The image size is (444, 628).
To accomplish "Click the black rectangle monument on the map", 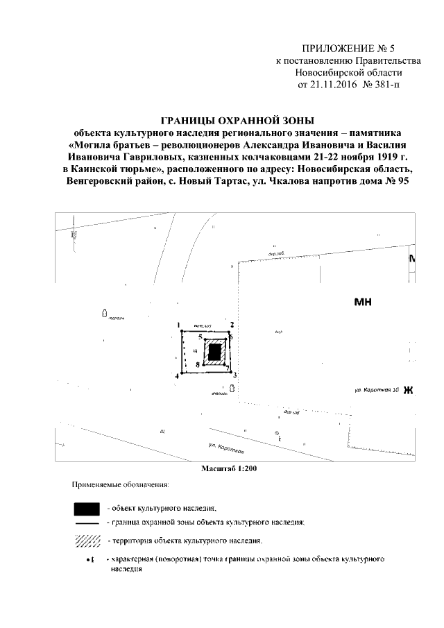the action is pos(216,352).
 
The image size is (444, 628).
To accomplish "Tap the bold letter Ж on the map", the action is pos(408,390).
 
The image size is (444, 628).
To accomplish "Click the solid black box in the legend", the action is pos(87,508).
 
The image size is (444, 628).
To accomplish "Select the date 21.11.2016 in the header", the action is pos(325,85).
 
